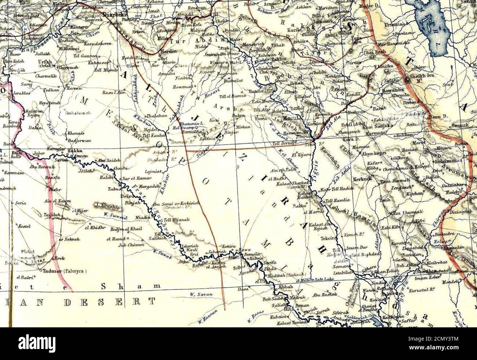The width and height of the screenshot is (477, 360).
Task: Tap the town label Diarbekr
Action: click(114, 15)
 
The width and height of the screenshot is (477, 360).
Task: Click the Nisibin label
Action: click(180, 78)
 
